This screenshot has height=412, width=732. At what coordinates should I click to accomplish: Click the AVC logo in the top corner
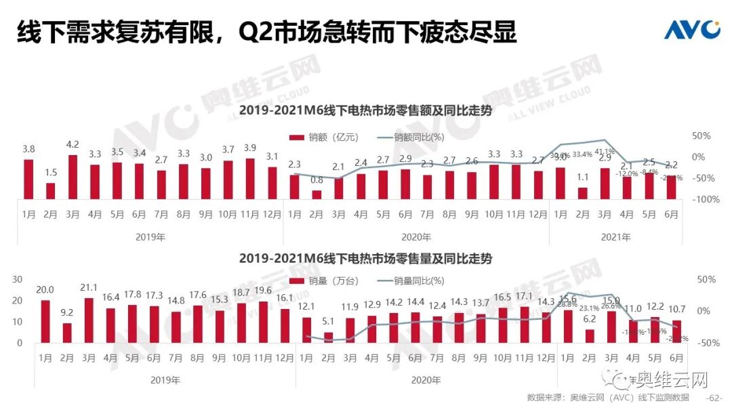(691, 29)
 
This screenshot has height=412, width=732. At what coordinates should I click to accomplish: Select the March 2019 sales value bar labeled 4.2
(73, 177)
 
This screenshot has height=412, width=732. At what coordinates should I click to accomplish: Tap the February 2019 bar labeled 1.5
(50, 190)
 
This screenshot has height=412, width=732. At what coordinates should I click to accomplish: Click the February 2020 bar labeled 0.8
(317, 194)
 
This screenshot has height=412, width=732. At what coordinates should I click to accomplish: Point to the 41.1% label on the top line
(605, 151)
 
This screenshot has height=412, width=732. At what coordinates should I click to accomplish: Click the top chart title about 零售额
(365, 111)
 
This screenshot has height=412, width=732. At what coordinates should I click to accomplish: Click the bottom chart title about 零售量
(365, 259)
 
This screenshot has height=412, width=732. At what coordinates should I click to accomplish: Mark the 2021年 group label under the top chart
(615, 237)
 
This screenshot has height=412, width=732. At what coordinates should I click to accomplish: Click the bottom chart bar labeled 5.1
(329, 337)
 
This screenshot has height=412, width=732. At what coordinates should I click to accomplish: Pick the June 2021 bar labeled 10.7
(676, 331)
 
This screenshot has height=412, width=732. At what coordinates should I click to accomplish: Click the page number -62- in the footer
(714, 397)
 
